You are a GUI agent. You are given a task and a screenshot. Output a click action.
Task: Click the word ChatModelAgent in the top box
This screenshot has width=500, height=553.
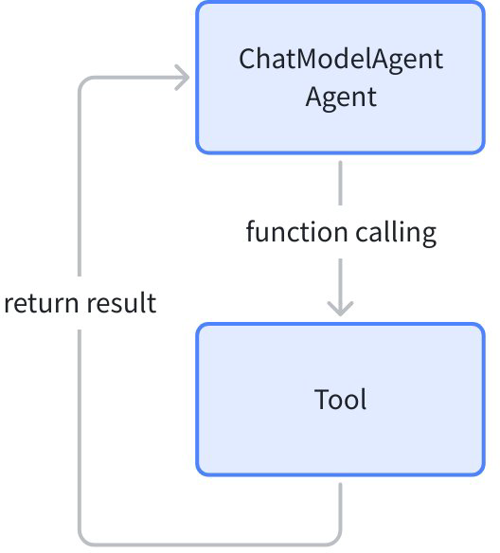(x=341, y=60)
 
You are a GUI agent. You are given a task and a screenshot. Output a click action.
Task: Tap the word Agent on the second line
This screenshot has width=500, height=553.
(x=341, y=98)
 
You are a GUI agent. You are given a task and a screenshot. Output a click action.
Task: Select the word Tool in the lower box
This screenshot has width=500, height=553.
(x=340, y=399)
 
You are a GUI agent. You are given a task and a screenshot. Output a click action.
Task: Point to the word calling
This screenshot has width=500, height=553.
(x=396, y=233)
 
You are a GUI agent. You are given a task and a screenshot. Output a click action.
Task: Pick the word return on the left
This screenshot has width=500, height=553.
(x=42, y=303)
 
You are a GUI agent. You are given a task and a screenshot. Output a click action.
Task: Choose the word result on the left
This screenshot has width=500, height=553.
(x=121, y=303)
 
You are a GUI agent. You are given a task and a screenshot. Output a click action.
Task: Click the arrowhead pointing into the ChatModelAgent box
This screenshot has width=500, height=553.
(x=183, y=78)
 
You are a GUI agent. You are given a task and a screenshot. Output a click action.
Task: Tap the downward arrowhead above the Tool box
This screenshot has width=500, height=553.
(x=340, y=309)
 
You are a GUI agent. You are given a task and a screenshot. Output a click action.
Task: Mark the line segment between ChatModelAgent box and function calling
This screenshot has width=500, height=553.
(x=340, y=183)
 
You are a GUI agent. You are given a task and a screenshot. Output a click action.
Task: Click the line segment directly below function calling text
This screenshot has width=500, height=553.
(x=340, y=286)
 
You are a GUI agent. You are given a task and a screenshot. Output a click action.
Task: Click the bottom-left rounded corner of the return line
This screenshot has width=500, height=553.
(x=83, y=541)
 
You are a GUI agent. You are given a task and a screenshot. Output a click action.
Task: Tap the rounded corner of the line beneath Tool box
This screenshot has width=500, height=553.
(x=337, y=541)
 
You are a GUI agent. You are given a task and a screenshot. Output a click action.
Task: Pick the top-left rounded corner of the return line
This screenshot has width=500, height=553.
(x=83, y=81)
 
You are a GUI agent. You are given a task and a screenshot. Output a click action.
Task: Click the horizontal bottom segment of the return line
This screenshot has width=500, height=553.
(x=210, y=544)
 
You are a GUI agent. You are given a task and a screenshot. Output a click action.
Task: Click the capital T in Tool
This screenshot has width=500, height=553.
(x=321, y=399)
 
